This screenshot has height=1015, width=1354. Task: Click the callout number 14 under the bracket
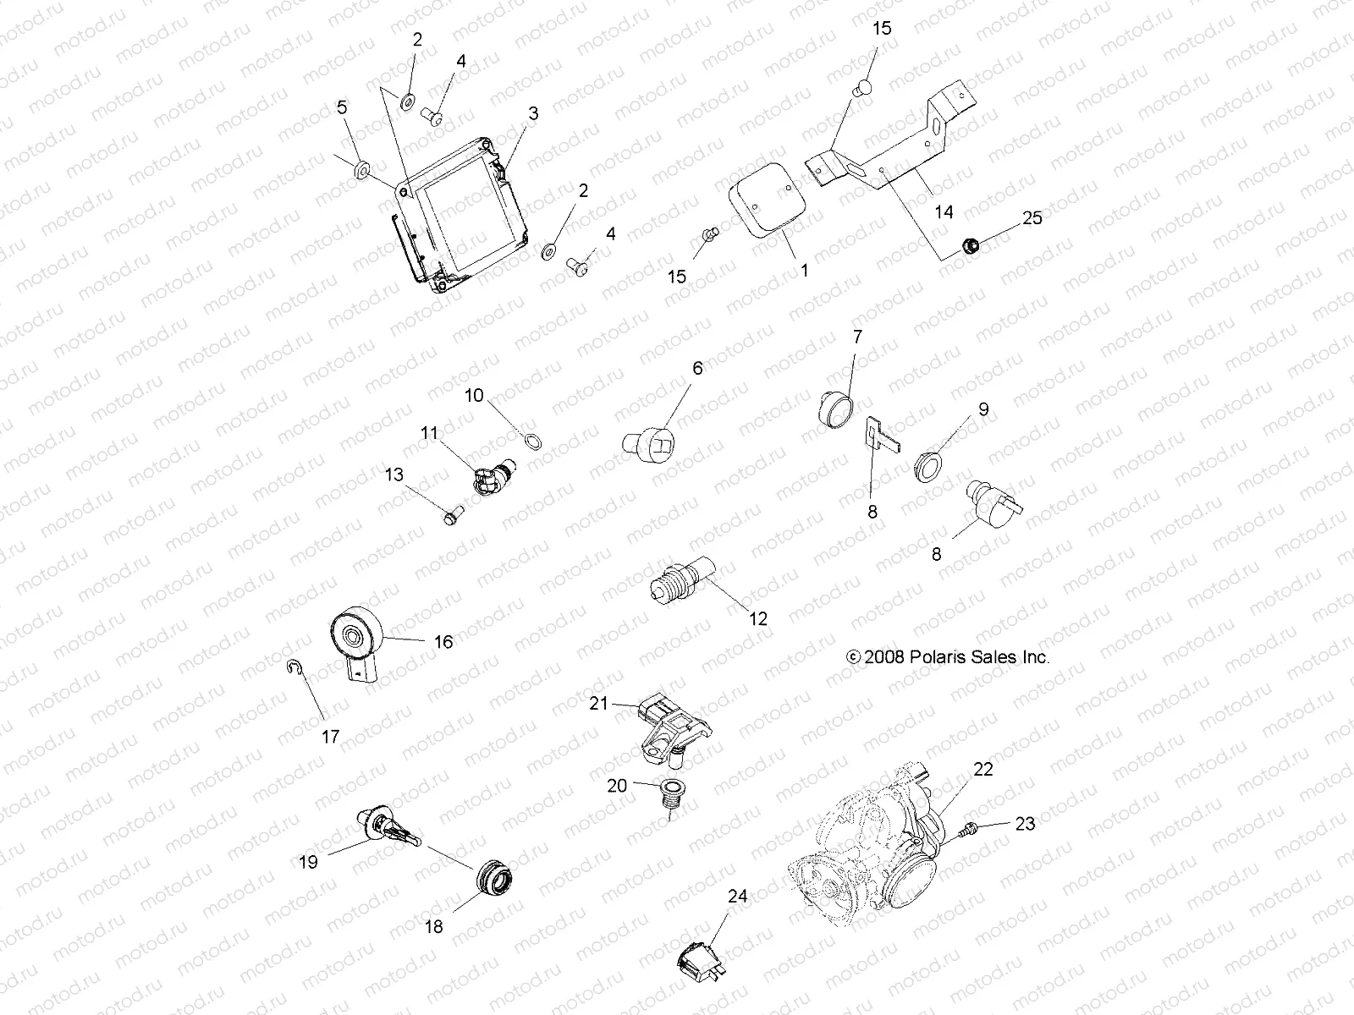(x=943, y=211)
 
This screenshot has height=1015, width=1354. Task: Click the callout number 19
(x=308, y=862)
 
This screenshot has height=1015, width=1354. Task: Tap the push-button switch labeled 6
(x=654, y=444)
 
